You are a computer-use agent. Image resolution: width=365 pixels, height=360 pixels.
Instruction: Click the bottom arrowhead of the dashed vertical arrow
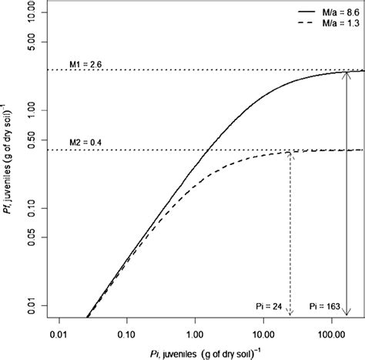[290, 313]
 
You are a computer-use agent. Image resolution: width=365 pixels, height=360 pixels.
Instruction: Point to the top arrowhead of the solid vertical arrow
[348, 73]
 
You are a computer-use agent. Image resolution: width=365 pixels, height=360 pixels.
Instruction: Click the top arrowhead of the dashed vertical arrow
[290, 153]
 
